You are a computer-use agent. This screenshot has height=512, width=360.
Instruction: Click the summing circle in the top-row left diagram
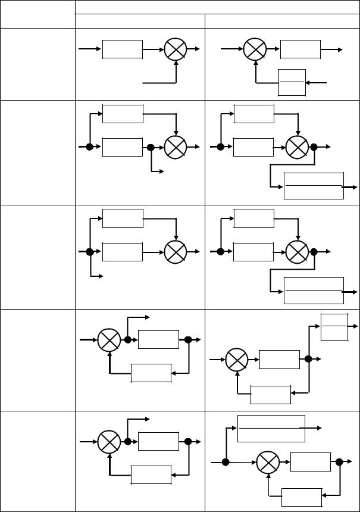176,49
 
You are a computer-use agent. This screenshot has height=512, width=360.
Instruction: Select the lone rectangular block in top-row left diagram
123,49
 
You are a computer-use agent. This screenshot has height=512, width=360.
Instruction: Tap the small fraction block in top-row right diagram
292,82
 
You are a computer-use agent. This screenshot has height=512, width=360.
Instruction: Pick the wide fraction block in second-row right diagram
314,186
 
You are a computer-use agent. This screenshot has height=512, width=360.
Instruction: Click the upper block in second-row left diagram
123,114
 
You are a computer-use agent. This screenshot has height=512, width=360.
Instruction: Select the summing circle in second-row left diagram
176,147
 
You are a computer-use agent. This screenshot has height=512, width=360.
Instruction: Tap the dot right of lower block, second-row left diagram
151,147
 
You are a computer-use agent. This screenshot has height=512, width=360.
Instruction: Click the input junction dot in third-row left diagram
90,252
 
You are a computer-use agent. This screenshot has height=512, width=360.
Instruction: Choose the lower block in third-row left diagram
123,252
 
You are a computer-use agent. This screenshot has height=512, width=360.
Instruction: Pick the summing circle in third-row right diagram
297,252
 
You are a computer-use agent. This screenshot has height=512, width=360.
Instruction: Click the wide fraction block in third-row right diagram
314,291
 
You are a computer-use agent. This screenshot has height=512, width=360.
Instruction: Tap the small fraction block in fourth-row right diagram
334,326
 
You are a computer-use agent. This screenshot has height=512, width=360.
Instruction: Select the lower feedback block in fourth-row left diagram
151,373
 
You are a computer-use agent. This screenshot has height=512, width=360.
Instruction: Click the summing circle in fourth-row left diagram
110,341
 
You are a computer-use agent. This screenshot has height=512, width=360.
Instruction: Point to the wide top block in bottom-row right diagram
271,428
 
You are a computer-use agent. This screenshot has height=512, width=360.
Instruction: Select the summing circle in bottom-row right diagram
268,463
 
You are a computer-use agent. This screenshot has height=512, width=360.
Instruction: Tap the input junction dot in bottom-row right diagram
226,463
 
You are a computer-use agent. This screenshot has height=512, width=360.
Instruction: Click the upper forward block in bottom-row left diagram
158,442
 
